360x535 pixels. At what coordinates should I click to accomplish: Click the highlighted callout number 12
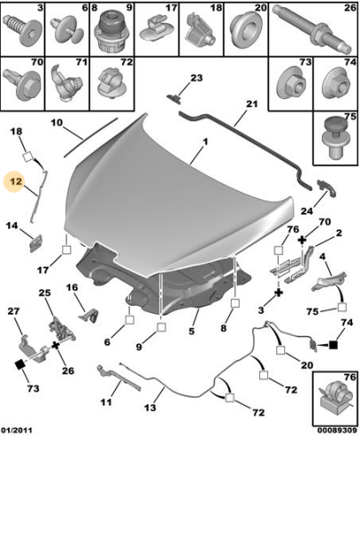tap(16, 182)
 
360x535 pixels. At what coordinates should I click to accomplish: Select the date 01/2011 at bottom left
tap(17, 431)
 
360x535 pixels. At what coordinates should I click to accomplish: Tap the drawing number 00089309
tap(337, 431)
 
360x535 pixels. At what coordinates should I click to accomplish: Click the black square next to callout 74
tap(333, 345)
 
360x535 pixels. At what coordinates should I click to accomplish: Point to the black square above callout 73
tap(20, 365)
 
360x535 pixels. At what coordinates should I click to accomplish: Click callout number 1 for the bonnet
tap(205, 141)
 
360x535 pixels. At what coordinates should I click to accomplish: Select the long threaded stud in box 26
tap(312, 29)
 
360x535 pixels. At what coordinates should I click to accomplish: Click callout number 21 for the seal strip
tap(252, 103)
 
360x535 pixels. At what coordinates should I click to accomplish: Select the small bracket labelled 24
tap(327, 187)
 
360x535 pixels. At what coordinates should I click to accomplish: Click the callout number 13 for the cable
tap(150, 407)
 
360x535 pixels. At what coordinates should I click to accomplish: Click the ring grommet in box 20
tap(244, 31)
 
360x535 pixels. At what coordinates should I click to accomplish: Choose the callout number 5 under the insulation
tap(192, 331)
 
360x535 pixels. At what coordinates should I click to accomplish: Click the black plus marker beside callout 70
tap(302, 240)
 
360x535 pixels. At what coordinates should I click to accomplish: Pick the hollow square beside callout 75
tap(341, 308)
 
